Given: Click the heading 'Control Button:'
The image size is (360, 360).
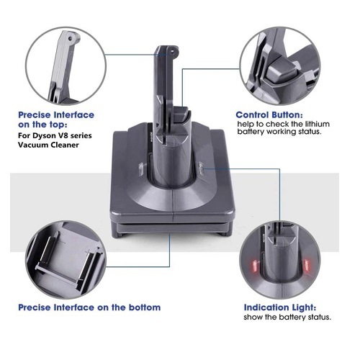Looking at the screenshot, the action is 269,115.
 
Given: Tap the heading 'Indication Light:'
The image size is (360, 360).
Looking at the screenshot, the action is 280,307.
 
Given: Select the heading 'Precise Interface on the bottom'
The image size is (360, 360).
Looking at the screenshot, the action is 89,307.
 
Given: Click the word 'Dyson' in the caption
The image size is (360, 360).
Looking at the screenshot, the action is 42,135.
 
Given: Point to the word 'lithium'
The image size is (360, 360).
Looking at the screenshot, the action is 318,124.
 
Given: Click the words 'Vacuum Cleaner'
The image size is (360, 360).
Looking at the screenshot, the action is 48,145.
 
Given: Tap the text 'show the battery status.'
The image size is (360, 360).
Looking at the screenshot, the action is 287,318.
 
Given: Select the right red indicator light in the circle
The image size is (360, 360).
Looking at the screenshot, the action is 307,266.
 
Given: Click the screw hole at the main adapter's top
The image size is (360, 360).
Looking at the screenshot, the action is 172,51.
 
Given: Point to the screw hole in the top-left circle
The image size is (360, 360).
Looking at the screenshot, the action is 70,38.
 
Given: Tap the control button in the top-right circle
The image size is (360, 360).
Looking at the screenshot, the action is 282,70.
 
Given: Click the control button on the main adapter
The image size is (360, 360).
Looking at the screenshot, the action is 181,114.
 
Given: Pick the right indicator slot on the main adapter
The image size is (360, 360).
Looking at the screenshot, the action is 201,167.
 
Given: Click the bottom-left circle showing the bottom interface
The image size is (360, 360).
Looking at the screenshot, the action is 66,260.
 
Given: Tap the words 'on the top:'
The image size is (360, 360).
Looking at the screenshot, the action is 42,125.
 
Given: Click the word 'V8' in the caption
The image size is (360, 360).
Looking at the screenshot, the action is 59,135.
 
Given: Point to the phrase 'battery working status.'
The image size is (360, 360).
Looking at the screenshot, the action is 279,132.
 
